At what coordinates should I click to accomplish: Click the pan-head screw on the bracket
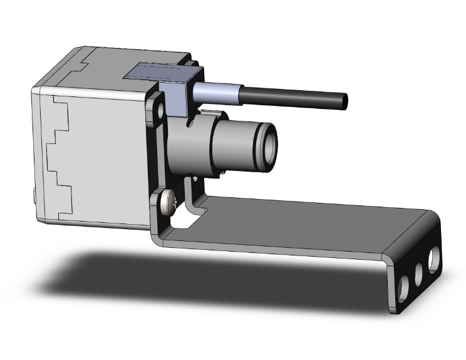[x=167, y=204]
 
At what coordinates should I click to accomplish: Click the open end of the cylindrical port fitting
[x=267, y=147]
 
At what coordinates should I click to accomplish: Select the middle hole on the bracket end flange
[x=417, y=273]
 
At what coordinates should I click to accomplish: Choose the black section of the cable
[x=294, y=98]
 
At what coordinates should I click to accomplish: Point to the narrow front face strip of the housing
[x=37, y=157]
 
